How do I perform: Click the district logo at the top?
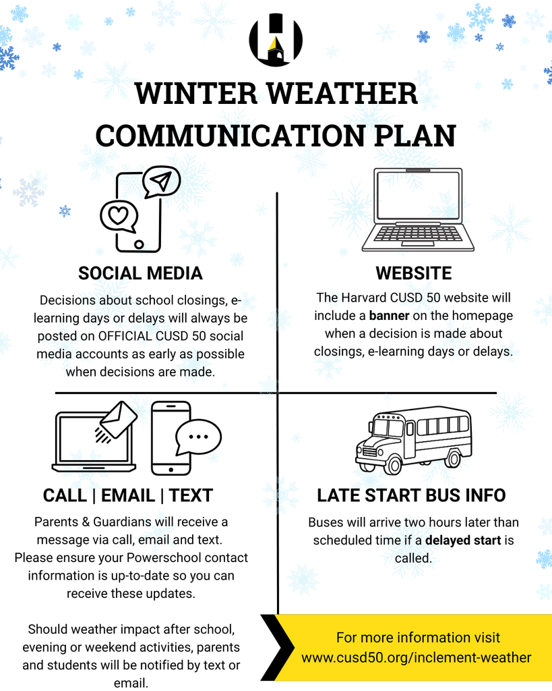(x=276, y=40)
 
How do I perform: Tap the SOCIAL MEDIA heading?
(x=140, y=273)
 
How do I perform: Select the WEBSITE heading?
(x=413, y=273)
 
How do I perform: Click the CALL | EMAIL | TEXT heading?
(x=127, y=495)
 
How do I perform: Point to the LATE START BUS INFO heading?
(x=411, y=495)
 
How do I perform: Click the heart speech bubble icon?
(x=119, y=216)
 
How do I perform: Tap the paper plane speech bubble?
(x=160, y=181)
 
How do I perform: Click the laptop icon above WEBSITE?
(x=418, y=209)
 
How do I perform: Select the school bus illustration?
(x=413, y=439)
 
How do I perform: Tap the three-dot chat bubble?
(x=197, y=437)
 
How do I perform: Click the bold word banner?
(x=389, y=316)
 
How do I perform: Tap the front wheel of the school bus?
(x=392, y=464)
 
